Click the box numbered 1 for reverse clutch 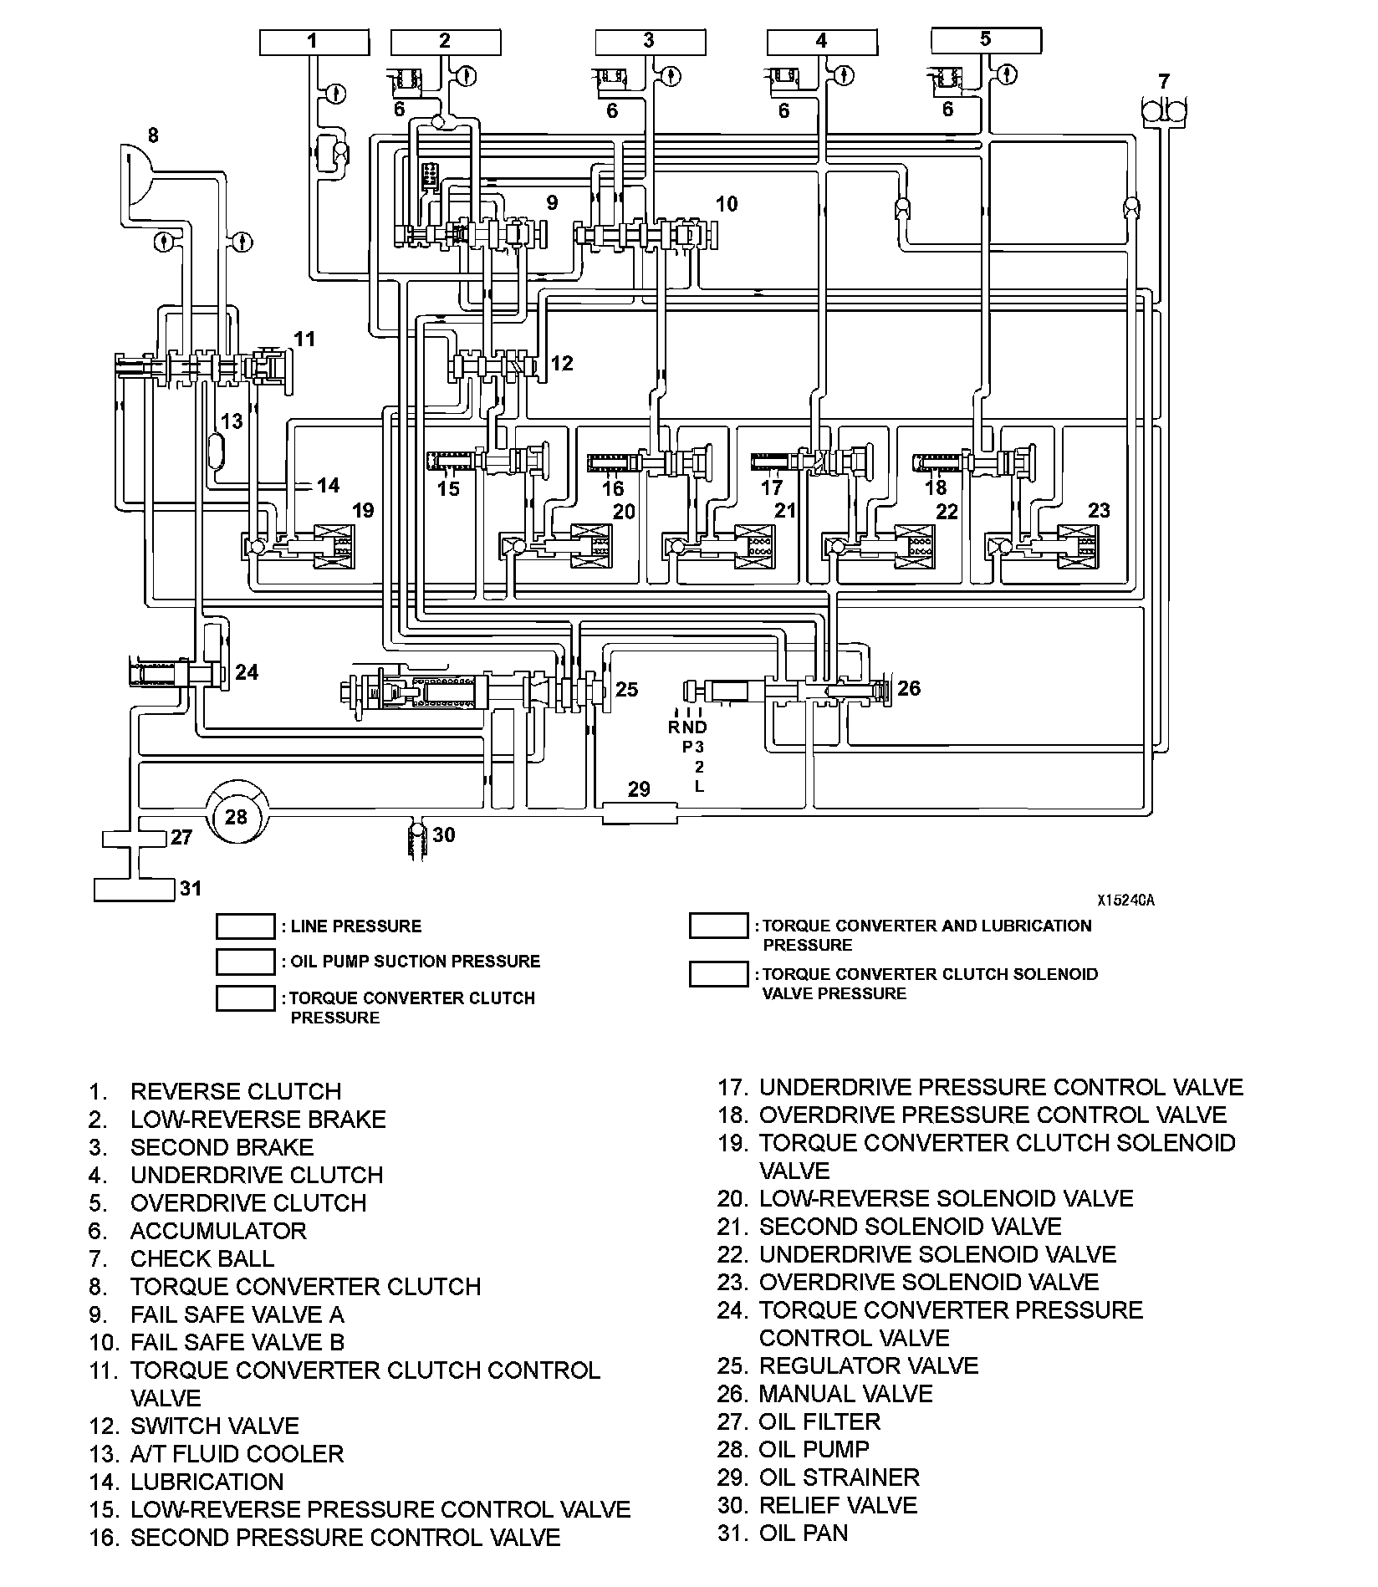(313, 42)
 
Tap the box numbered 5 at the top (986, 40)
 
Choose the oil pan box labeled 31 (134, 890)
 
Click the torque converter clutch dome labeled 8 (136, 173)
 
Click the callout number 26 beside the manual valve (909, 688)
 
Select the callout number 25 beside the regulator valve (626, 689)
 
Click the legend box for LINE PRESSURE (245, 926)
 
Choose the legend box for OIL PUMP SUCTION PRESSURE (245, 962)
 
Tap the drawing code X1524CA (1125, 901)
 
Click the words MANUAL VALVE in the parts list (845, 1394)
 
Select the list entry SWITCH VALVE (214, 1426)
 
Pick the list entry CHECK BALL (202, 1258)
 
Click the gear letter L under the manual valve (699, 786)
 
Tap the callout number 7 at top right (1164, 82)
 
